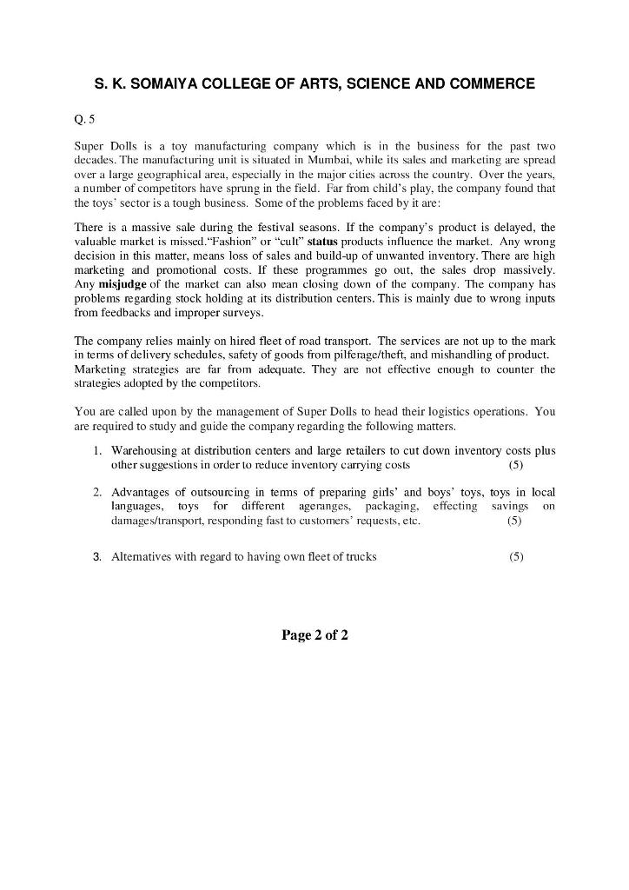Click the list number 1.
[x=97, y=450]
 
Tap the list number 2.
[x=97, y=492]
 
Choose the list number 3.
[x=97, y=556]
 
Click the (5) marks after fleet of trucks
[x=516, y=556]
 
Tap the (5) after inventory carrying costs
[x=516, y=465]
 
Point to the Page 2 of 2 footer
[x=314, y=635]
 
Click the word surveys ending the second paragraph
[x=242, y=313]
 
